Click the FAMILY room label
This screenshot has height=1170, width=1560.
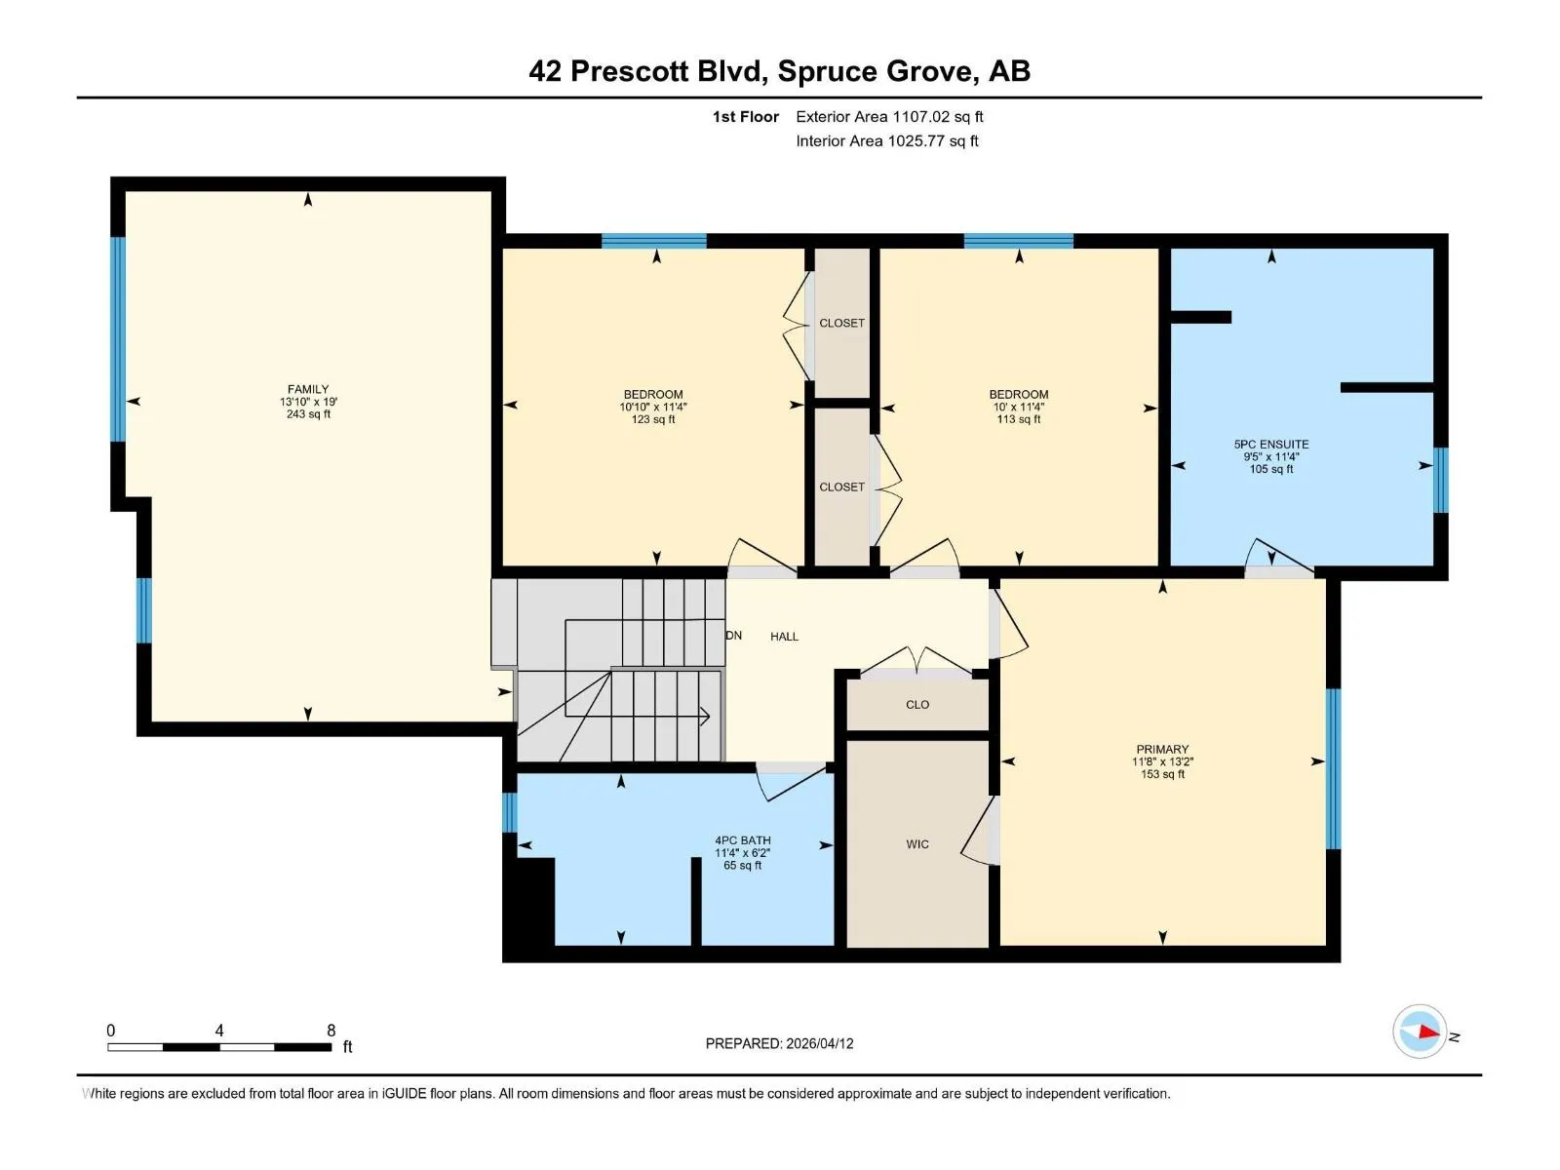point(308,389)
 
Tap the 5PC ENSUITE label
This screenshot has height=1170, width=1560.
point(1270,444)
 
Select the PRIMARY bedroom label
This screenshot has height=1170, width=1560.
point(1162,749)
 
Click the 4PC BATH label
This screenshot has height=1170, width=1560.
point(743,840)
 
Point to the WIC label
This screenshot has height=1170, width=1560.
point(916,844)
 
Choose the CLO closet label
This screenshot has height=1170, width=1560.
point(916,705)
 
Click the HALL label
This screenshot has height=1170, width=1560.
point(784,637)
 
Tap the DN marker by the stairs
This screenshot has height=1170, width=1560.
point(734,635)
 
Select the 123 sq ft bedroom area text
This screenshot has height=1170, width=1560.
point(652,419)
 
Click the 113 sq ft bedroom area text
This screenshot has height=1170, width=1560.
point(1019,419)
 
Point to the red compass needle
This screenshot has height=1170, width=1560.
point(1429,1033)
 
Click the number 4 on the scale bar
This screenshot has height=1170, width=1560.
point(219,1030)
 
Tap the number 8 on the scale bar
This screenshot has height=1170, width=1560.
point(331,1030)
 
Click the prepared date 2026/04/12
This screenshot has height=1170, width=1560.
point(819,1043)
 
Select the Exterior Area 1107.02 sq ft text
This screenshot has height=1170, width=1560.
point(889,116)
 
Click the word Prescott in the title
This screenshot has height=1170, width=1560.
point(629,71)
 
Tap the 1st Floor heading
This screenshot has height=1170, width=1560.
point(746,116)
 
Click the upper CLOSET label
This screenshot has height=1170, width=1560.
point(841,324)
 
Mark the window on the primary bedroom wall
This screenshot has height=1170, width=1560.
point(1333,768)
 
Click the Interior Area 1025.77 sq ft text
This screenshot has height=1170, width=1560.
point(887,140)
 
